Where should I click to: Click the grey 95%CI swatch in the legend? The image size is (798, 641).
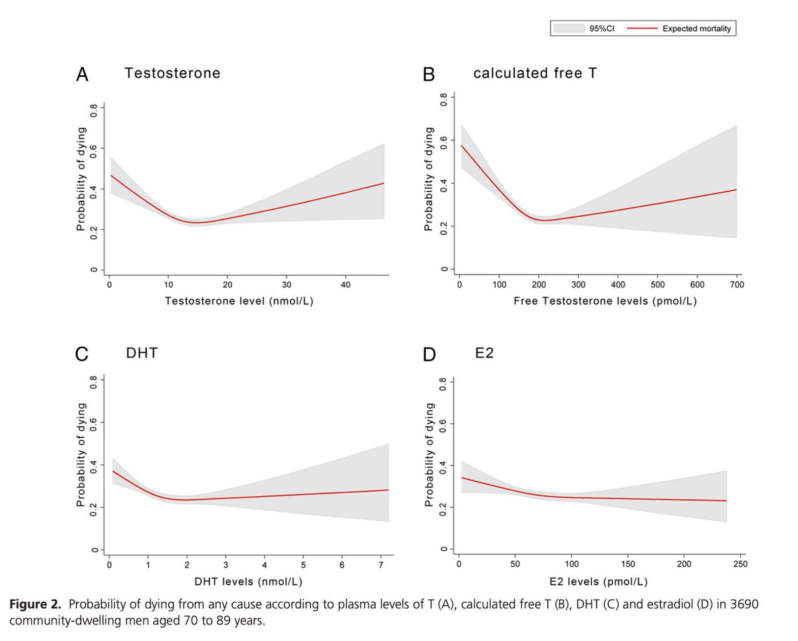[x=569, y=29]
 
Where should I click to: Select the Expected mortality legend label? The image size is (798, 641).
[x=697, y=29]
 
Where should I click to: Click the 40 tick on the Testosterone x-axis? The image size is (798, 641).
[x=345, y=285]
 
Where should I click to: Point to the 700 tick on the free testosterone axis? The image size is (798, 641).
[x=735, y=285]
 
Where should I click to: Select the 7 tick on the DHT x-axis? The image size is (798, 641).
[x=378, y=565]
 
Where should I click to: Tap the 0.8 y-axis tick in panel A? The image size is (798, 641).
[x=94, y=109]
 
